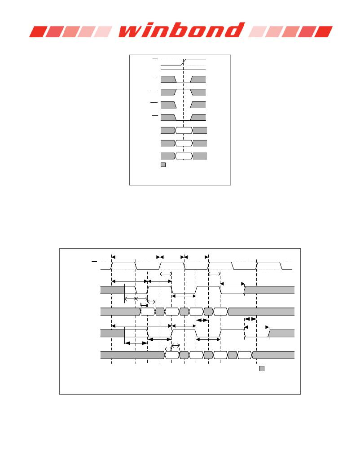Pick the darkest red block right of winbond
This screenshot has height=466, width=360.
pos(324,32)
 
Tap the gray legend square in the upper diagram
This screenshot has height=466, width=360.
pos(163,165)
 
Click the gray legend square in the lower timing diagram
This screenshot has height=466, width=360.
pos(262,369)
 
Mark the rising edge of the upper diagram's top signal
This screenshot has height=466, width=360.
pos(184,62)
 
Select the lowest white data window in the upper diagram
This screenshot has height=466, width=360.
pos(184,156)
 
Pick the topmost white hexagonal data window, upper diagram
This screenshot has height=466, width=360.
pos(184,130)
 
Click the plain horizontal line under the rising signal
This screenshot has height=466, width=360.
pos(183,70)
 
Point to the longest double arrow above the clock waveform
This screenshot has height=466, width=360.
pos(136,257)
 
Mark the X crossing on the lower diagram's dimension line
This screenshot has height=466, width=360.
pos(136,299)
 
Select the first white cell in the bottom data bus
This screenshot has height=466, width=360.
pos(172,355)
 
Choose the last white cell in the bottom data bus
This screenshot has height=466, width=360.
pos(245,355)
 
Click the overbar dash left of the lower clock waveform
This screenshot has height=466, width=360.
pos(94,262)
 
